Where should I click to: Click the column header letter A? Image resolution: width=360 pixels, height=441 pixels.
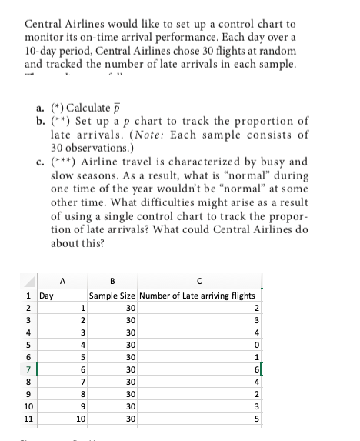[x=62, y=280]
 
